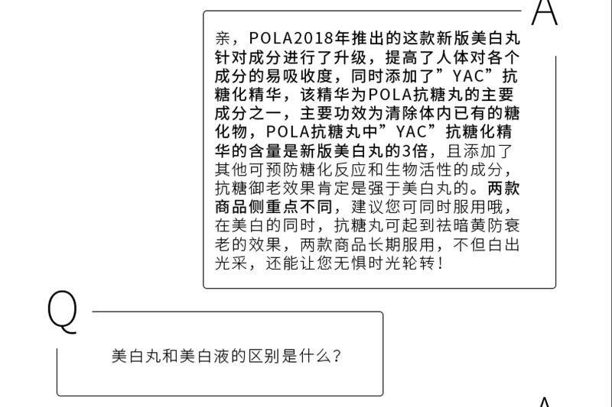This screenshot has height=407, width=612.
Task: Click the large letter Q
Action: tap(63, 313)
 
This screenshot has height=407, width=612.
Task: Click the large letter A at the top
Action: tap(545, 14)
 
